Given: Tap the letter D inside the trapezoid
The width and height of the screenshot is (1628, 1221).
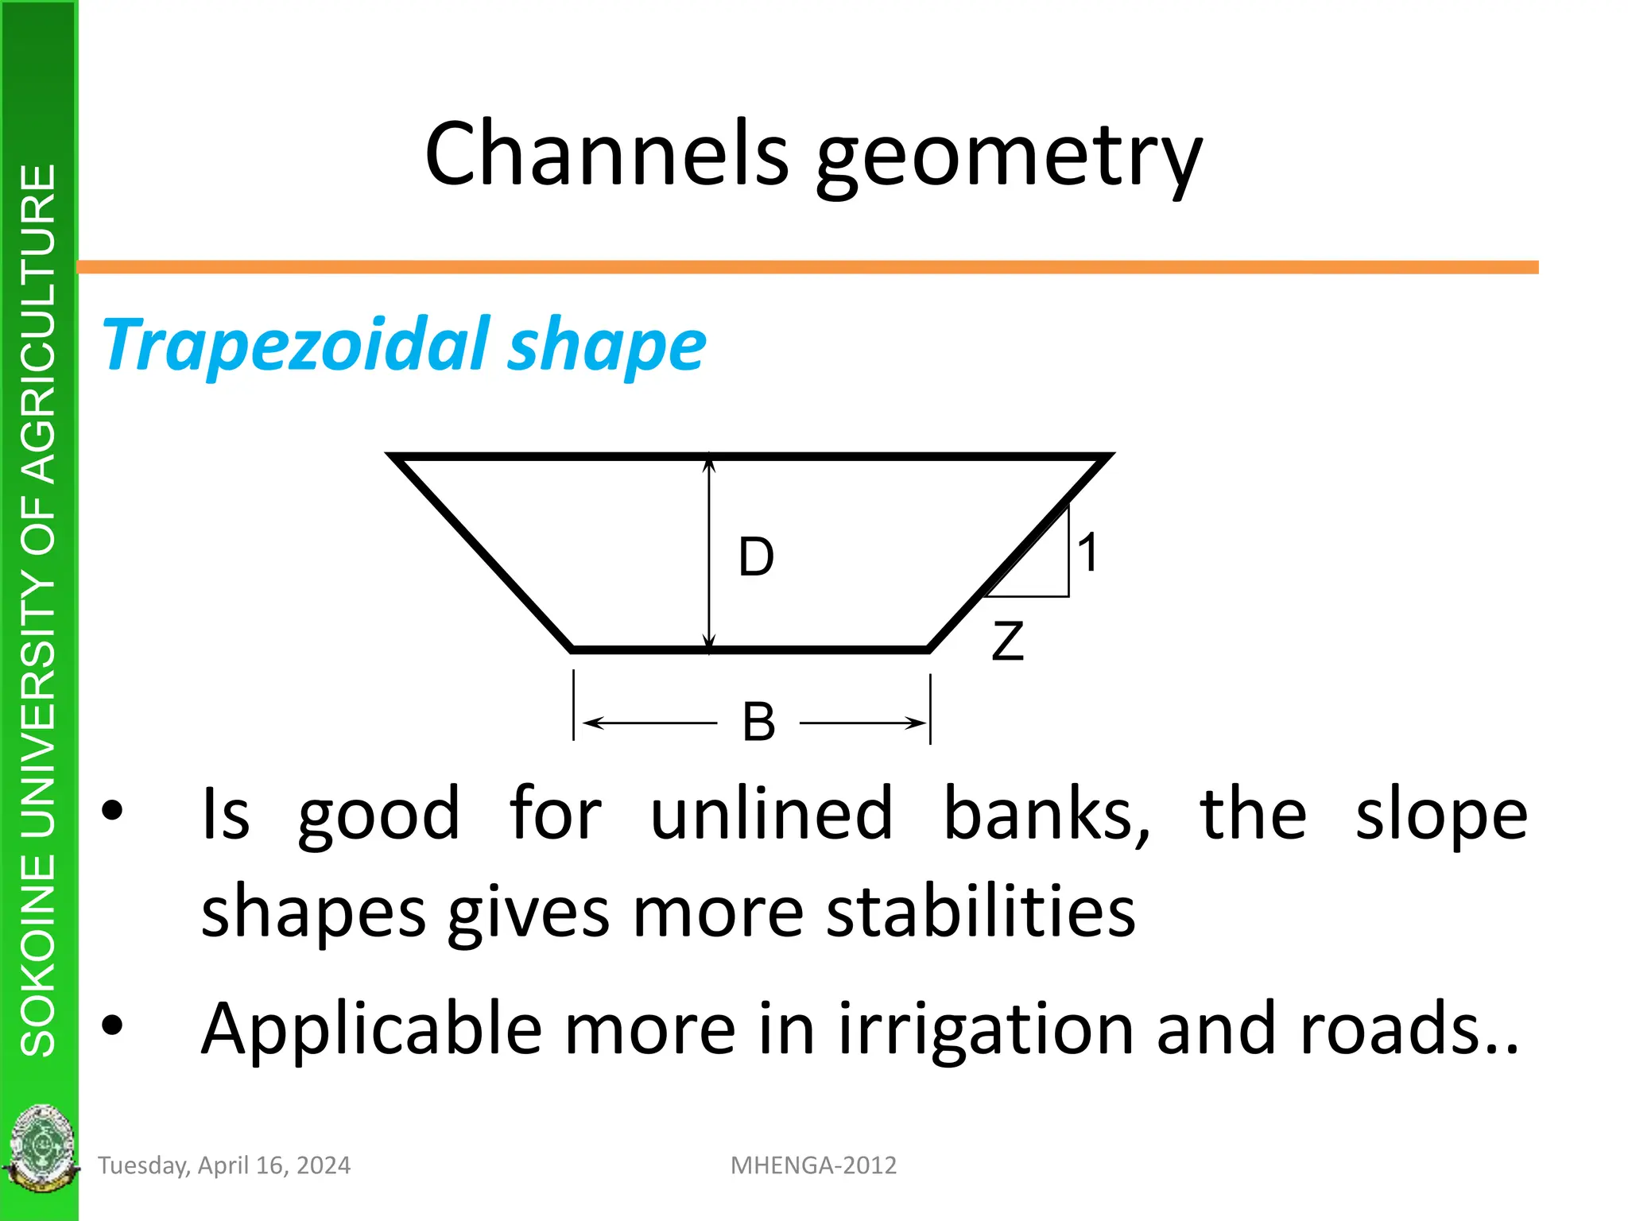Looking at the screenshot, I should pos(756,556).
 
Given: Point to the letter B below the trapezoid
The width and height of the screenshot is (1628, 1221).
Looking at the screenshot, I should pos(758,722).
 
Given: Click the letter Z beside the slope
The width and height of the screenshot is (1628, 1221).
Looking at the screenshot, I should pos(1007,642).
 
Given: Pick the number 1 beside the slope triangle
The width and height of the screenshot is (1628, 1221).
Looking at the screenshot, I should pos(1088,552).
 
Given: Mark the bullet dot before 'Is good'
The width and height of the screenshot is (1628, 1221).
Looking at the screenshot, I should pos(113,810).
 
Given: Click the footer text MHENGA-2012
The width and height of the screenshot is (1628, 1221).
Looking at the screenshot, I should pos(813,1165).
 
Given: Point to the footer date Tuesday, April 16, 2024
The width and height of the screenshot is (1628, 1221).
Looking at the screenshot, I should pos(224,1165).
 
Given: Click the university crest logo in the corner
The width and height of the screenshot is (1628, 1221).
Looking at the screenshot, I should pos(40,1149).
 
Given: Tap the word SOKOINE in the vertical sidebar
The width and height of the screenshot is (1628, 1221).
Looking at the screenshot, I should pos(38,955).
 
